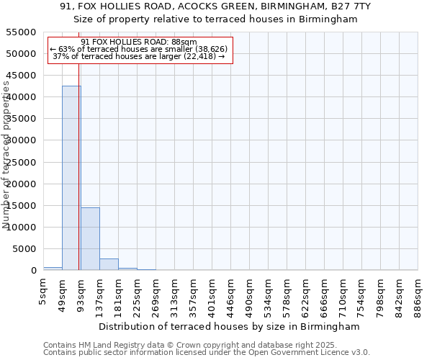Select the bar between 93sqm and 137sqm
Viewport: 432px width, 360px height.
click(x=90, y=238)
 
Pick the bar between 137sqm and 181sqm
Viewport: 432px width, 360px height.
click(x=109, y=264)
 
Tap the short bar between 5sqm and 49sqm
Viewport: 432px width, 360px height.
click(x=53, y=269)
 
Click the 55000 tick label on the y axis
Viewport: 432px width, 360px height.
click(x=21, y=32)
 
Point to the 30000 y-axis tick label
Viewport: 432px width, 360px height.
click(x=21, y=140)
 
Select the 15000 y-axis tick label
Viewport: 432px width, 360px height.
click(x=21, y=206)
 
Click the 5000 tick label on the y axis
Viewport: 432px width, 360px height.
click(x=24, y=249)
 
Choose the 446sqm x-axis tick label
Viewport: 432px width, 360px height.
click(x=231, y=294)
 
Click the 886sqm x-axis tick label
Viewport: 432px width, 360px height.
click(x=418, y=294)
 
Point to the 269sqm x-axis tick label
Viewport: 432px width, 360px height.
click(x=156, y=294)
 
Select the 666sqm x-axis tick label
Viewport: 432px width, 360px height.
click(x=325, y=294)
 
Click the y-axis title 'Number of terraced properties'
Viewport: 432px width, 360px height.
click(x=7, y=155)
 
